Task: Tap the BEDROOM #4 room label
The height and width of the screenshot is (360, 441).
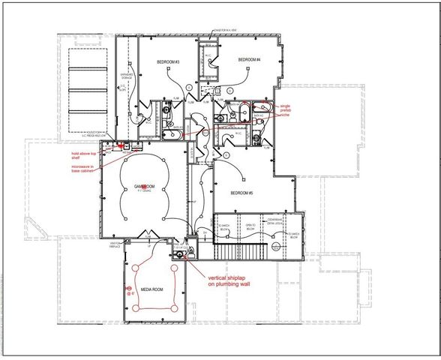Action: (249, 60)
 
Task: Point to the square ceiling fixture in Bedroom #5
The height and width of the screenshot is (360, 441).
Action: (244, 178)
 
